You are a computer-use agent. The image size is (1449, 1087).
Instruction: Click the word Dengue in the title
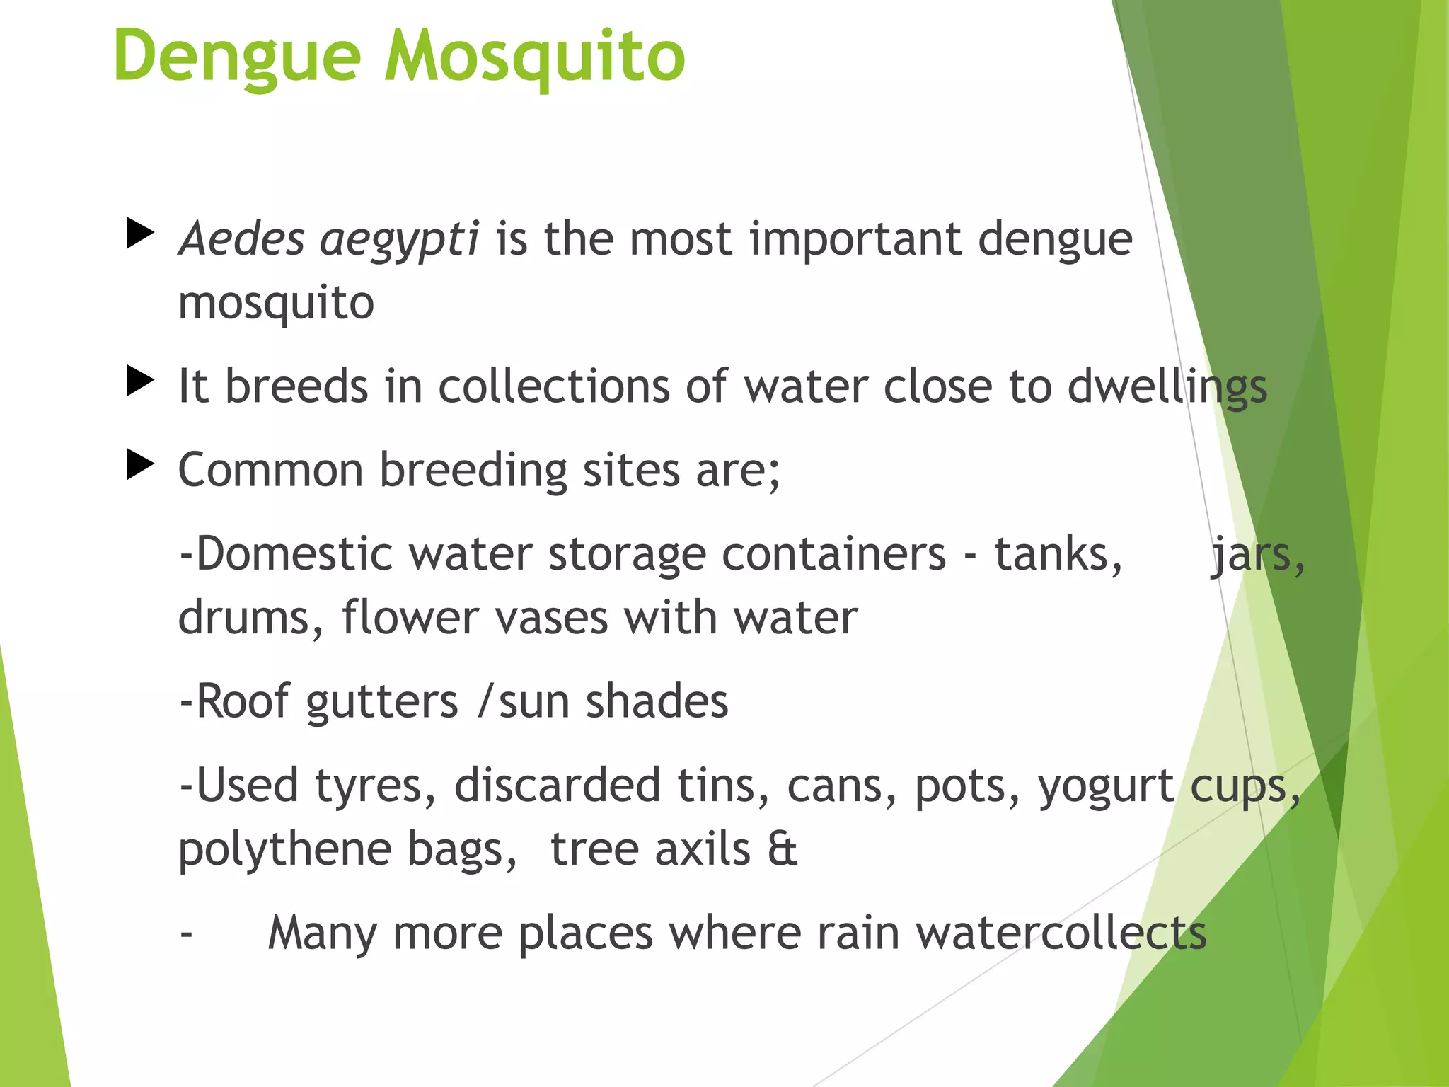coord(237,57)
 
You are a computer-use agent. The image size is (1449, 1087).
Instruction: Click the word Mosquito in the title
coord(534,57)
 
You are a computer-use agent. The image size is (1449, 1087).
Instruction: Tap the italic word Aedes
coord(241,238)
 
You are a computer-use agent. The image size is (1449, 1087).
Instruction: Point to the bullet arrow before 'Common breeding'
coord(140,465)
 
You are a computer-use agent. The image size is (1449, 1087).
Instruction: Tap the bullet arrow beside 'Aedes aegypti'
coord(140,234)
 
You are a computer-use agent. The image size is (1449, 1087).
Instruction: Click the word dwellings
coord(1167,388)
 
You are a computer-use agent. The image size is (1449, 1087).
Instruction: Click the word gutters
coord(382,702)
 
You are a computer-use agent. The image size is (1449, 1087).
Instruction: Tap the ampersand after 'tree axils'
coord(783,849)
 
